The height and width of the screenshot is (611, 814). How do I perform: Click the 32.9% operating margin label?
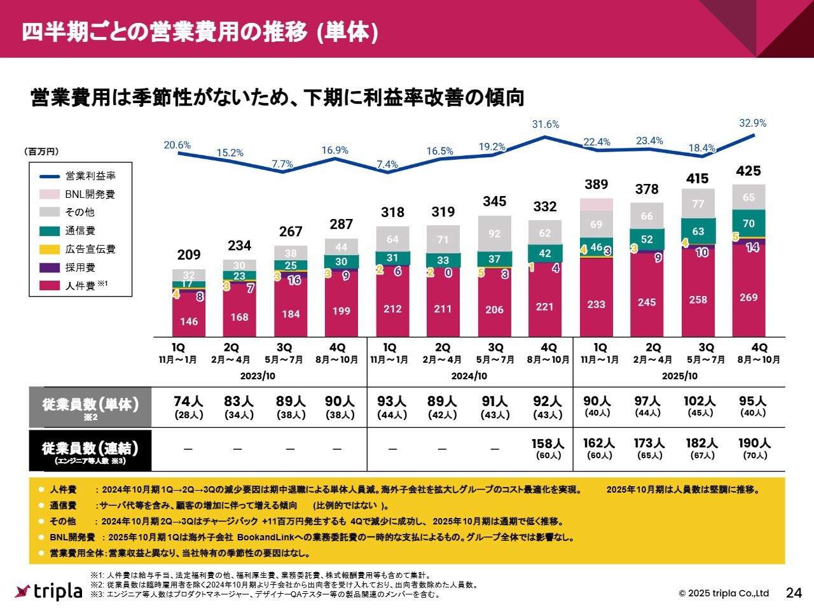[x=752, y=123]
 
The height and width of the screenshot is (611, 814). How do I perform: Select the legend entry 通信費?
[x=80, y=230]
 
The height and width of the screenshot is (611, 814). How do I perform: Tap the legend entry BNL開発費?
[x=90, y=194]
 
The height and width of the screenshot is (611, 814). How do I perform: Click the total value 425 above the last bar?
[x=748, y=171]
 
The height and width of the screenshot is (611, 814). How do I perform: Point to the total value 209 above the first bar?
[x=189, y=255]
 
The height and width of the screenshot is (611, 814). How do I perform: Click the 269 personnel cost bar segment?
[x=748, y=297]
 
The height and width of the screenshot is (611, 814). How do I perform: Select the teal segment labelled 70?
[x=748, y=223]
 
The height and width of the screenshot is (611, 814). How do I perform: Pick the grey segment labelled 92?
[x=494, y=234]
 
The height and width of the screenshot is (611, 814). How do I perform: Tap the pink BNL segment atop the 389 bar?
[x=597, y=204]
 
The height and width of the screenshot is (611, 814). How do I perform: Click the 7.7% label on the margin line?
[x=282, y=164]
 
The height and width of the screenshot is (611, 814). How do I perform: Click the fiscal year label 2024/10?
[x=469, y=376]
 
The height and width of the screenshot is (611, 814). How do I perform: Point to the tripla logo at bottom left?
[x=49, y=591]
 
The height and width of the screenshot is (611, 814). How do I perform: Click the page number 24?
[x=794, y=593]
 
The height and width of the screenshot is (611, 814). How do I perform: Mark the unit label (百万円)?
[x=41, y=151]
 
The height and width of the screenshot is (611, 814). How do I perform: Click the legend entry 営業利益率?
[x=90, y=176]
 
